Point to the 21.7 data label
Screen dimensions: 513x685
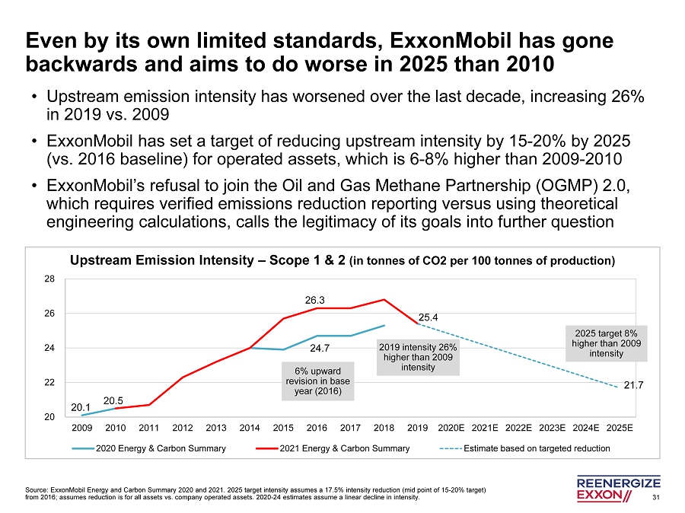point(634,386)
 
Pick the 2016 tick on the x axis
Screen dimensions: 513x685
point(317,427)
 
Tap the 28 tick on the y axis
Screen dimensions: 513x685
point(49,279)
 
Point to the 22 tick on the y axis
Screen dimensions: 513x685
point(49,383)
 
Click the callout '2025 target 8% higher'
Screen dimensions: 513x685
point(606,343)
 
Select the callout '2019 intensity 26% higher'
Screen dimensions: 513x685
point(419,357)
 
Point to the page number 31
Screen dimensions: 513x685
point(658,498)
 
